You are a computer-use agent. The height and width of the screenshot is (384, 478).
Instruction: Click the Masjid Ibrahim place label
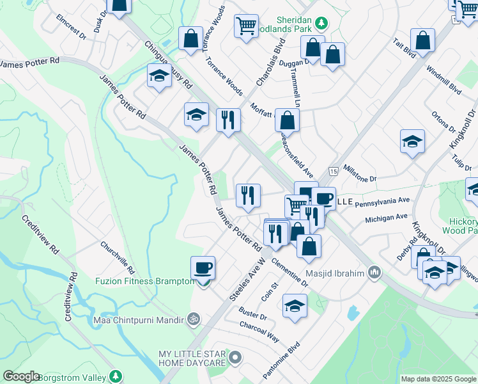coord(334,273)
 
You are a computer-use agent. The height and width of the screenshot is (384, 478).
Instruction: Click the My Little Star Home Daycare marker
coord(236,357)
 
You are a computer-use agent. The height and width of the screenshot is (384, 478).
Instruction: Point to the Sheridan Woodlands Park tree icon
coord(323,24)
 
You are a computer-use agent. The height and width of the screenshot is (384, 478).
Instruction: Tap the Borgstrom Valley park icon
coord(115,376)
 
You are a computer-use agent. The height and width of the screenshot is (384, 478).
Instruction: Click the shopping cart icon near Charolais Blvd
coord(246,26)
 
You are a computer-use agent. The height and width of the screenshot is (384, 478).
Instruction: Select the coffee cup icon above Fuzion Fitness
coord(203,268)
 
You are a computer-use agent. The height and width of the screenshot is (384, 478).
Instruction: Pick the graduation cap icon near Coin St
coord(295,305)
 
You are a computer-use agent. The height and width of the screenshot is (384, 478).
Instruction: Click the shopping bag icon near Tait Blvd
coord(423,40)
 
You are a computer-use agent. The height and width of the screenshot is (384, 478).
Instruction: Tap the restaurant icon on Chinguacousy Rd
coord(228,119)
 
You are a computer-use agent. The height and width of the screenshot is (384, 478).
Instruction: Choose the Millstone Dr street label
coord(360,175)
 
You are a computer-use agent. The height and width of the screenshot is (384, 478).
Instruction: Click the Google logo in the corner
coord(21,376)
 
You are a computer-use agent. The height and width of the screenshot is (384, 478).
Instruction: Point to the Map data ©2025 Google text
coord(438,379)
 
